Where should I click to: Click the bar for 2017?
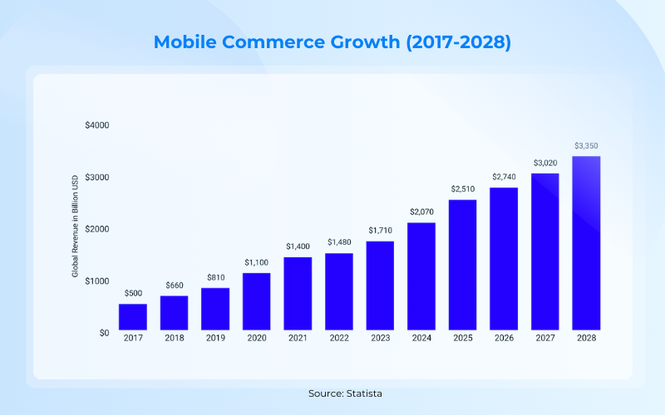pyautogui.click(x=133, y=316)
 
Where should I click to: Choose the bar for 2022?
pyautogui.click(x=339, y=290)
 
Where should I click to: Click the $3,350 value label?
pyautogui.click(x=587, y=146)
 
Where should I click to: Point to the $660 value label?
pyautogui.click(x=174, y=286)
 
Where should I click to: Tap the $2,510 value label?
pyautogui.click(x=463, y=189)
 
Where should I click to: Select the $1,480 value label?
pyautogui.click(x=339, y=242)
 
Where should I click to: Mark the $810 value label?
pyautogui.click(x=215, y=277)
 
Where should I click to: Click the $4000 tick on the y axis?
pyautogui.click(x=97, y=125)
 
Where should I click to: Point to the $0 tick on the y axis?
pyautogui.click(x=103, y=333)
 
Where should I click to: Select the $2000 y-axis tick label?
pyautogui.click(x=97, y=229)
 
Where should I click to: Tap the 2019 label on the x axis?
pyautogui.click(x=215, y=338)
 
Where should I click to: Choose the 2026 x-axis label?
pyautogui.click(x=505, y=338)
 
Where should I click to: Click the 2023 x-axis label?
pyautogui.click(x=381, y=338)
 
